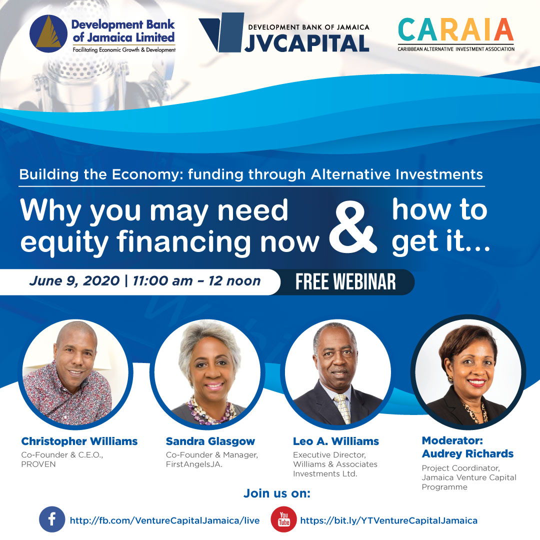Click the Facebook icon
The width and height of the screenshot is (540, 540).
52,519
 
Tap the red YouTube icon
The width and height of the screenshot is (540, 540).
284,519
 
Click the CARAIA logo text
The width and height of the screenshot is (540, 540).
455,29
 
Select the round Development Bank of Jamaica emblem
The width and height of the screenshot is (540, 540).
48,34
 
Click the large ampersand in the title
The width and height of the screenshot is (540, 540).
353,228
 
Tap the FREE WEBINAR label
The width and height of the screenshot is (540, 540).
345,282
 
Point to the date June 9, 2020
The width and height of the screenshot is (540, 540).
74,281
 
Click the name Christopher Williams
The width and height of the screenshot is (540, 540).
79,441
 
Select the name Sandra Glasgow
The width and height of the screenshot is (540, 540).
210,441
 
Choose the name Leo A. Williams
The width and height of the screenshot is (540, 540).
336,441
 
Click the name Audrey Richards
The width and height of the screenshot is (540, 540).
467,454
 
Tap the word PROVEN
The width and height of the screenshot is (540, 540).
38,464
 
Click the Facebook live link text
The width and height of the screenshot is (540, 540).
164,520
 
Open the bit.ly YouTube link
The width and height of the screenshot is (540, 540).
389,520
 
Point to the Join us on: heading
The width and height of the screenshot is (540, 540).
277,493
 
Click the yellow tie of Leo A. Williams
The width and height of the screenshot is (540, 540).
342,408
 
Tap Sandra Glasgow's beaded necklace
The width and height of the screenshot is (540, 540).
211,411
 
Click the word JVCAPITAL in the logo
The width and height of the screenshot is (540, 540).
307,43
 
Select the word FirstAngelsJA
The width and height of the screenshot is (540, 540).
194,464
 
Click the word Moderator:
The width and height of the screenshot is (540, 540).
452,440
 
